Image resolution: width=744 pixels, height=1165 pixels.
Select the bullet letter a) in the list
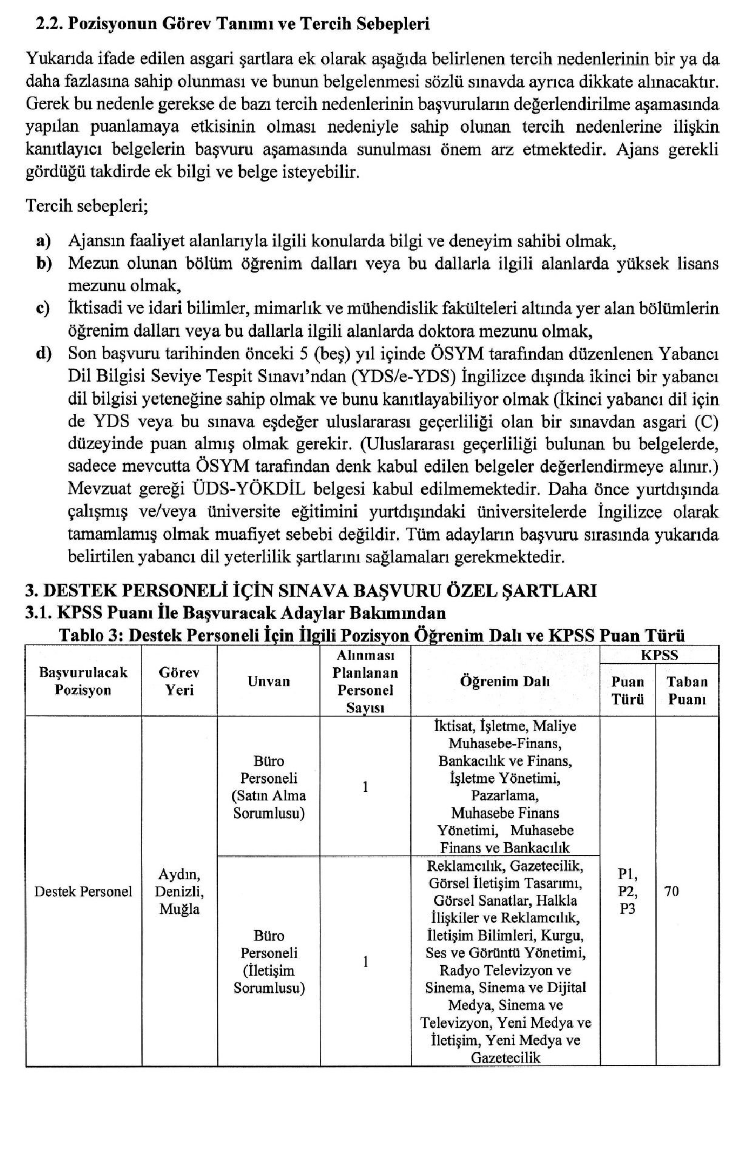coord(43,241)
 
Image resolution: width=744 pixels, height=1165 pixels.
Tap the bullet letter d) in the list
coord(44,354)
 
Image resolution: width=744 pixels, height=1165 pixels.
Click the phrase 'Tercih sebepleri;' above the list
coord(87,206)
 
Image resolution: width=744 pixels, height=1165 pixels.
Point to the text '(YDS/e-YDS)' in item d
coord(404,377)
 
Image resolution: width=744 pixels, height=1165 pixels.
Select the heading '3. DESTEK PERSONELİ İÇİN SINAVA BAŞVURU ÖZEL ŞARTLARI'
coord(311,590)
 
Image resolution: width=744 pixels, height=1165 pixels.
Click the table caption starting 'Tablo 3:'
coord(371,635)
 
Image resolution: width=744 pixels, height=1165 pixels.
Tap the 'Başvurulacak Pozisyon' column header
coord(83,681)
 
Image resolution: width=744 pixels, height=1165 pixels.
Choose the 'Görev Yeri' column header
coord(180,681)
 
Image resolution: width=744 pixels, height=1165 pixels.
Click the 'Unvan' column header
coord(268,681)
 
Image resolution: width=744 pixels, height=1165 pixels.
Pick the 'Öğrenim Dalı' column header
coord(505,681)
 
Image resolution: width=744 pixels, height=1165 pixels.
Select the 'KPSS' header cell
coord(659,655)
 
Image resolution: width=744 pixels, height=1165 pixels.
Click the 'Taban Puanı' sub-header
coord(687,691)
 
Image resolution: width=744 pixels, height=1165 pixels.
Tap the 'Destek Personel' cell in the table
coord(83,891)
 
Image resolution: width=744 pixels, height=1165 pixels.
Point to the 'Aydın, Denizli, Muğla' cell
coord(180,891)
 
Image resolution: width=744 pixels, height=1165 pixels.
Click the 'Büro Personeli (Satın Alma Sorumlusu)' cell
coord(269,787)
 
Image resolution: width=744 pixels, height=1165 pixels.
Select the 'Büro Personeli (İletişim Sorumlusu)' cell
coord(269,962)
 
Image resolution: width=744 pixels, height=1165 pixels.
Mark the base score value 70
coord(672,891)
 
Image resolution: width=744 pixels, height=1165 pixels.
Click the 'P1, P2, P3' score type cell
coord(627,891)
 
